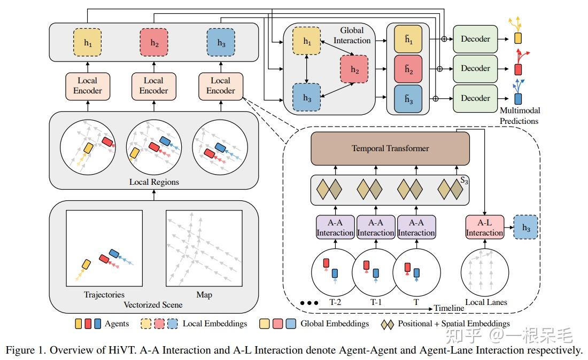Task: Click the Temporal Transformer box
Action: [390, 148]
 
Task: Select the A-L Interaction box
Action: [484, 227]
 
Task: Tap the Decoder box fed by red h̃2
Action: [475, 69]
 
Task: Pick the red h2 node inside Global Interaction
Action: [354, 69]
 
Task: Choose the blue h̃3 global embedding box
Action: [408, 98]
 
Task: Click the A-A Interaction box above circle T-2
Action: [335, 227]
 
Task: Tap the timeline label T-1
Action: [375, 302]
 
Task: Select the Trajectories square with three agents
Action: [104, 249]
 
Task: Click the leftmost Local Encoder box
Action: [87, 85]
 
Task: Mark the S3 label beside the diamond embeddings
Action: [464, 181]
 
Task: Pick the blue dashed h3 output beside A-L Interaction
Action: [525, 226]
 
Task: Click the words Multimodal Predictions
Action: [519, 116]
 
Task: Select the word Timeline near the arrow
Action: [448, 309]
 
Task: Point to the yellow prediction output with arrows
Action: [517, 38]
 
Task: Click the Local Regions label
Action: [154, 182]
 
